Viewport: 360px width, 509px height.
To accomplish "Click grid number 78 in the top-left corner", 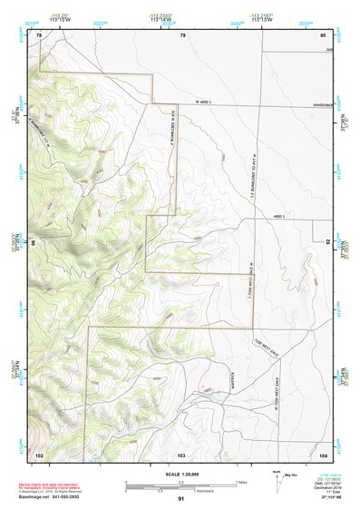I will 39,34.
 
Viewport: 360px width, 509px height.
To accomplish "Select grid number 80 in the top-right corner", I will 322,34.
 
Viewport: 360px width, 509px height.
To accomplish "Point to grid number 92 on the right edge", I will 328,242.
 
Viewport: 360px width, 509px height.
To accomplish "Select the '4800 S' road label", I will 279,217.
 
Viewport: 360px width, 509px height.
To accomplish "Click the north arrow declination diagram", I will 277,476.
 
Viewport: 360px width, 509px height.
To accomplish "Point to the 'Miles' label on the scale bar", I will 239,481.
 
